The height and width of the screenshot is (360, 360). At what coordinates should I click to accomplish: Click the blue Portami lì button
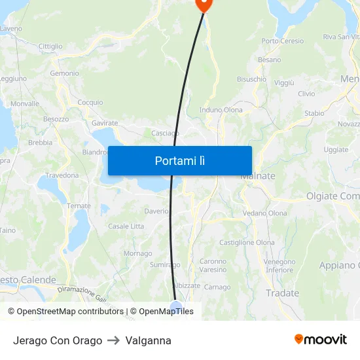180,160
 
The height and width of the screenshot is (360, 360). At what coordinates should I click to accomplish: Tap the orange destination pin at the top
204,3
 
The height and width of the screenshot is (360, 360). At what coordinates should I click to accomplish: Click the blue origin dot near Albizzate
175,306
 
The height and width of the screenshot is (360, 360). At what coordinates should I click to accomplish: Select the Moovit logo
321,340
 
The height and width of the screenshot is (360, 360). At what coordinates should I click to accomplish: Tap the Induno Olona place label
221,110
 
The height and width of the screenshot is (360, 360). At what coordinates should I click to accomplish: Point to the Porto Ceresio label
283,41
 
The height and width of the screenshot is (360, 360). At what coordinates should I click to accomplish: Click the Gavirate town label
105,123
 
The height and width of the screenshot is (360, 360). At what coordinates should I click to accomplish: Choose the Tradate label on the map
282,293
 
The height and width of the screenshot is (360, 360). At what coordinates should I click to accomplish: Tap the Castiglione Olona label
247,243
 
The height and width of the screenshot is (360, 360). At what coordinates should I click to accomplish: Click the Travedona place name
62,175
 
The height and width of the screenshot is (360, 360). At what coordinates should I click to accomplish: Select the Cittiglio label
50,46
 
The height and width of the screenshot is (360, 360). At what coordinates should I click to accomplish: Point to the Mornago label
137,254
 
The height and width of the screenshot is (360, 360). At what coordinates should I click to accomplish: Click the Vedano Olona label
264,213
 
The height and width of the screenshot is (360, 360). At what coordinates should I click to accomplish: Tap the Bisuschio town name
251,79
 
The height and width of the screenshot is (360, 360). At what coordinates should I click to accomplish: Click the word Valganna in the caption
148,340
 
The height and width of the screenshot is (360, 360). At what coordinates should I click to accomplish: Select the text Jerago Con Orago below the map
58,340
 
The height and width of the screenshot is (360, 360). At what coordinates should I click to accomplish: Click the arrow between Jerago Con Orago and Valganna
113,340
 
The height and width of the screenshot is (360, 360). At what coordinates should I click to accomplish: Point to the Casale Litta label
126,226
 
